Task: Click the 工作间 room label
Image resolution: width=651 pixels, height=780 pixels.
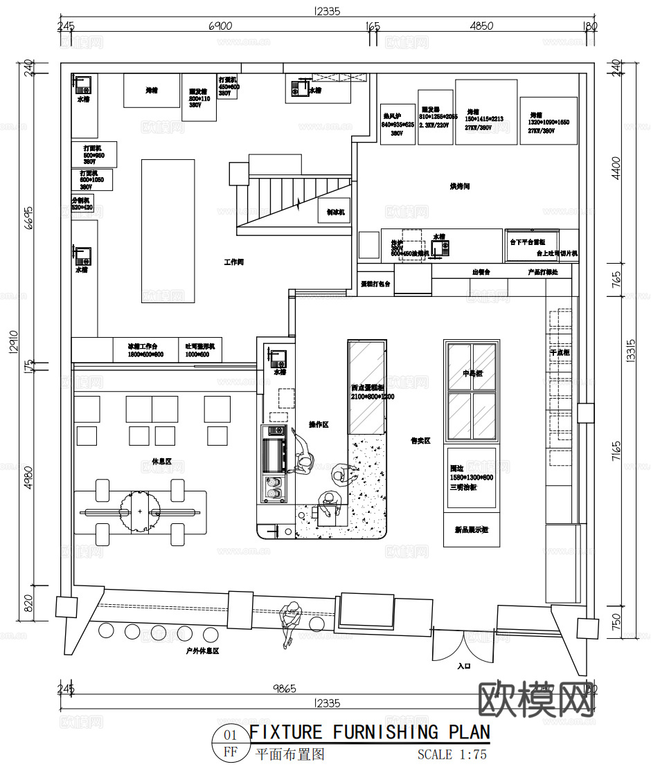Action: (x=233, y=262)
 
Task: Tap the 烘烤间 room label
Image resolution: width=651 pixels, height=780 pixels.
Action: (x=460, y=186)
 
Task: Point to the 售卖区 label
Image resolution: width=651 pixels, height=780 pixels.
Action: (x=420, y=439)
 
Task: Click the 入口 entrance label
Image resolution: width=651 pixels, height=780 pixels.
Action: (x=463, y=666)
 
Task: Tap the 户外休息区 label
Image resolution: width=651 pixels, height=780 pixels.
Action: (x=203, y=651)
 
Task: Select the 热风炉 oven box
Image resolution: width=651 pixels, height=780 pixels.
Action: (x=398, y=124)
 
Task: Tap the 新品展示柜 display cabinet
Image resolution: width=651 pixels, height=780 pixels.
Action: (x=471, y=530)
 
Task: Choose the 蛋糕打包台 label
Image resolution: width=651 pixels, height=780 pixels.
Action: (x=376, y=284)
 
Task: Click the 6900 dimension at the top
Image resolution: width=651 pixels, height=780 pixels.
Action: (x=220, y=26)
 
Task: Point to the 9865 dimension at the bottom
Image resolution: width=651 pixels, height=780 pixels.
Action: (x=284, y=688)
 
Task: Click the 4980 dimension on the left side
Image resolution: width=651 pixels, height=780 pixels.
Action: (x=28, y=476)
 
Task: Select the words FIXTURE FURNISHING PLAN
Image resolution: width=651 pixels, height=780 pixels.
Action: (x=369, y=732)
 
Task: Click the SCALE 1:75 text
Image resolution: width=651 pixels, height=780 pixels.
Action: (x=452, y=754)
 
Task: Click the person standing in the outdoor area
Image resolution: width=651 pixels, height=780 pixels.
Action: (x=292, y=618)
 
